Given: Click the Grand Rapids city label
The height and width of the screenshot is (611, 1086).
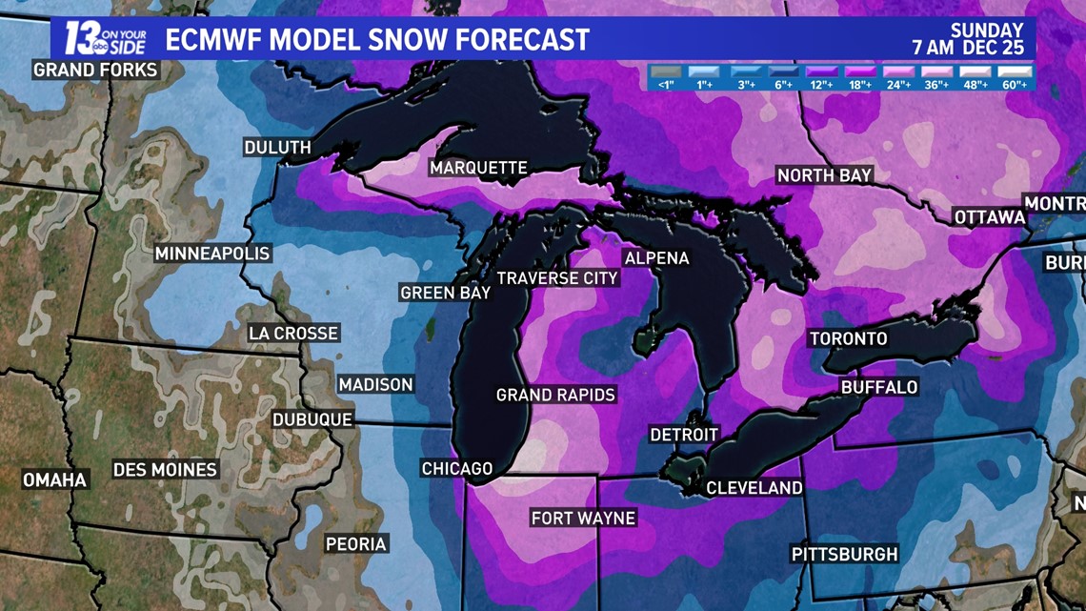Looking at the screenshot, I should pyautogui.click(x=555, y=395).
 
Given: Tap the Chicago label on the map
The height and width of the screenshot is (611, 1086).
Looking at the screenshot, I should pyautogui.click(x=457, y=468).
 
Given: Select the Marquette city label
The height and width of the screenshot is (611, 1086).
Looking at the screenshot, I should pyautogui.click(x=478, y=168).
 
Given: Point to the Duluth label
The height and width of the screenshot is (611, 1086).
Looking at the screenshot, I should pyautogui.click(x=277, y=148).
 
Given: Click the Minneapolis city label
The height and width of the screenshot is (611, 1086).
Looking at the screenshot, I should pyautogui.click(x=212, y=254).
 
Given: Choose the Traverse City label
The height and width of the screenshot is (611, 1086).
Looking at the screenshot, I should pyautogui.click(x=557, y=278).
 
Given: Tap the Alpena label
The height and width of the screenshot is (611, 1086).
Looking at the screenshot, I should pyautogui.click(x=656, y=258).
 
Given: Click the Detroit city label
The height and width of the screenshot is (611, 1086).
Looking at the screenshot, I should pyautogui.click(x=683, y=435).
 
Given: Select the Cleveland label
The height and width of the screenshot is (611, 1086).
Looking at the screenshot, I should pyautogui.click(x=754, y=488).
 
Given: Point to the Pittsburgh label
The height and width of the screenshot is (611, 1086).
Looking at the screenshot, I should pyautogui.click(x=844, y=554).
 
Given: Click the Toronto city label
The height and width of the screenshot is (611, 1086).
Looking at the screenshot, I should pyautogui.click(x=848, y=338).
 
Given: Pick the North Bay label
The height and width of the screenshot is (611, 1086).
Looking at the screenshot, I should pyautogui.click(x=825, y=175).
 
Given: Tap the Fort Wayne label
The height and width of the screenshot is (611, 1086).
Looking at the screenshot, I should pyautogui.click(x=583, y=519).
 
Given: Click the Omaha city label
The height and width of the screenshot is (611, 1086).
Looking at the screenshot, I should pyautogui.click(x=54, y=479).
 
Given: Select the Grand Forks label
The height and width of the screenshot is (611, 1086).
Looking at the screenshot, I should pyautogui.click(x=95, y=70).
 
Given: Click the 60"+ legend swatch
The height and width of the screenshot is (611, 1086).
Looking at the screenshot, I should pyautogui.click(x=1015, y=72).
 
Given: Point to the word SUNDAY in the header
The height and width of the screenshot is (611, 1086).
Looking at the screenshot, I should pyautogui.click(x=986, y=31).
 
